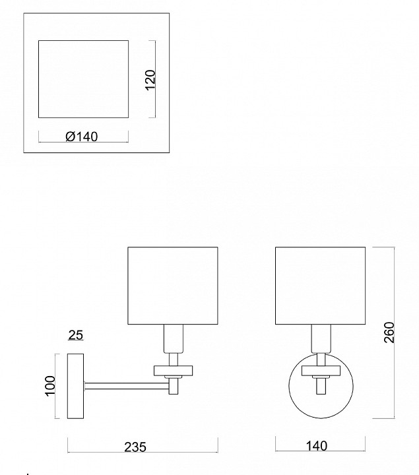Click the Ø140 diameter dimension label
click(82, 137)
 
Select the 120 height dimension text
click(150, 80)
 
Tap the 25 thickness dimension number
click(75, 335)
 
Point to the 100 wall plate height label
click(50, 386)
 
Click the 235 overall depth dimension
click(135, 447)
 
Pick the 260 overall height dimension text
click(389, 332)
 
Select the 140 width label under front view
click(317, 446)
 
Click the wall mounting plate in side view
click(75, 386)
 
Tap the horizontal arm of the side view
click(127, 386)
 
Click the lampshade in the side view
click(173, 286)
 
